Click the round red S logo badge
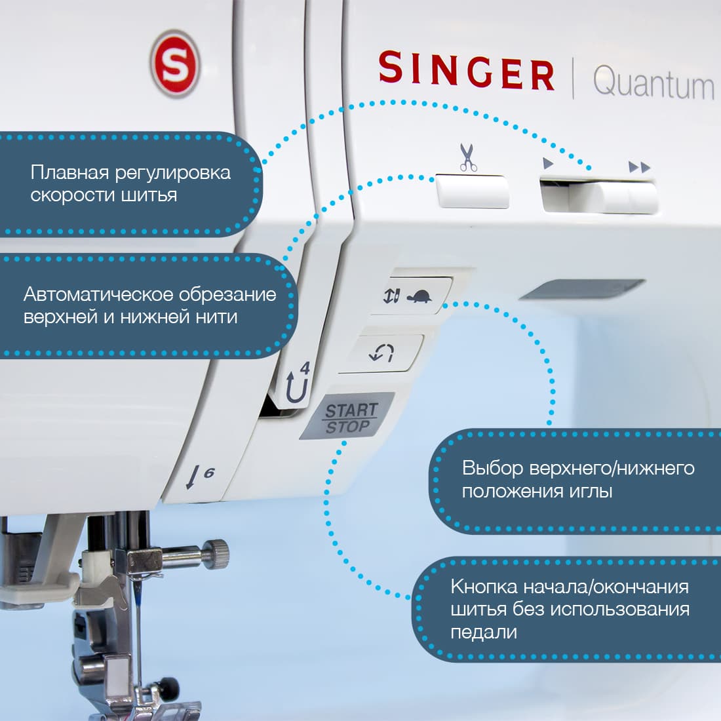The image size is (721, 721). (174, 64)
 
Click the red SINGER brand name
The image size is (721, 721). (466, 70)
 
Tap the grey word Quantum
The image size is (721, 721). (653, 84)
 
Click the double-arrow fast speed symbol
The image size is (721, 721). (639, 166)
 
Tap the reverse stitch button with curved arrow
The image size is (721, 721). (383, 354)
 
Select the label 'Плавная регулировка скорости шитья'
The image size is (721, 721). (130, 184)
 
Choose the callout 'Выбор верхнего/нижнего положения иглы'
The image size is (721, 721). (577, 480)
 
